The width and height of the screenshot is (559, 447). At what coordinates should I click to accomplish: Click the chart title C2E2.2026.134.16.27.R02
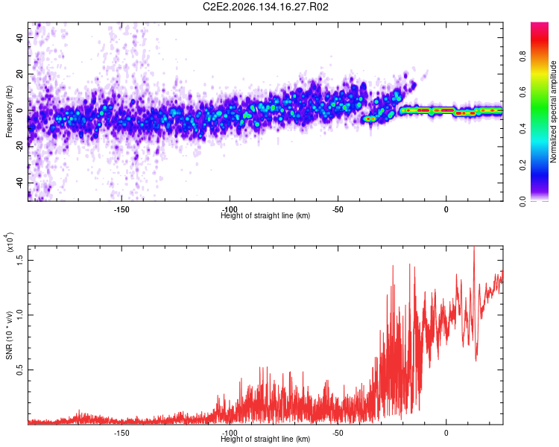[265, 7]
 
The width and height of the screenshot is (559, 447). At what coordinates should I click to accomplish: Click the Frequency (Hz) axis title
[9, 112]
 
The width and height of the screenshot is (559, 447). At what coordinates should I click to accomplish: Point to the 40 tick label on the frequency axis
[19, 37]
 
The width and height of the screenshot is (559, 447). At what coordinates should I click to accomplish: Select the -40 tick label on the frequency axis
[19, 183]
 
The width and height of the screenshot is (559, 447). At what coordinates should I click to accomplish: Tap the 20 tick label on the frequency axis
[19, 74]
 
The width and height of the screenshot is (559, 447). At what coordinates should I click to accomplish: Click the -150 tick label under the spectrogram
[121, 209]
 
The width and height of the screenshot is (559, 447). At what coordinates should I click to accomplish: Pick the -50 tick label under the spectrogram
[338, 209]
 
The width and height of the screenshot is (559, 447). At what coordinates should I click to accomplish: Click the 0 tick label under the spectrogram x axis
[446, 209]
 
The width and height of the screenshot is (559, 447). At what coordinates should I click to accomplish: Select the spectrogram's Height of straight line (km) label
[265, 215]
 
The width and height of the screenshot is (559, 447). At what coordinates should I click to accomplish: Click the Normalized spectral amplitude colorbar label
[553, 112]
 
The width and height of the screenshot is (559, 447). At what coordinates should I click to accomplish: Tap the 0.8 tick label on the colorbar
[522, 57]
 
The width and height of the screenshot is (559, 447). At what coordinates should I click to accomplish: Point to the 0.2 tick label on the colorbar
[522, 165]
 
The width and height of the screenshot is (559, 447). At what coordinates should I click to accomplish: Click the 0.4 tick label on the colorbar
[522, 129]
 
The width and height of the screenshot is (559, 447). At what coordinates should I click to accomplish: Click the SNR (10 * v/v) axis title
[9, 335]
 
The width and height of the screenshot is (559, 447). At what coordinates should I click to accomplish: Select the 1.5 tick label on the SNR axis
[19, 260]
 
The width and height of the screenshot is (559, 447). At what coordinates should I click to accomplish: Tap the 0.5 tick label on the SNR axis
[19, 370]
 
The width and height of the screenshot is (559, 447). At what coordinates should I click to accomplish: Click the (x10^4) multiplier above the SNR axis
[9, 241]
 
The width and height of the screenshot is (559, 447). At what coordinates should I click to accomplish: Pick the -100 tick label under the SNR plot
[230, 433]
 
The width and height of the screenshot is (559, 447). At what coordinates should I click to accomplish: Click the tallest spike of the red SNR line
[474, 247]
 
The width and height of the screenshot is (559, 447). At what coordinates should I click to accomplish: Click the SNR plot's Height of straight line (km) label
[265, 439]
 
